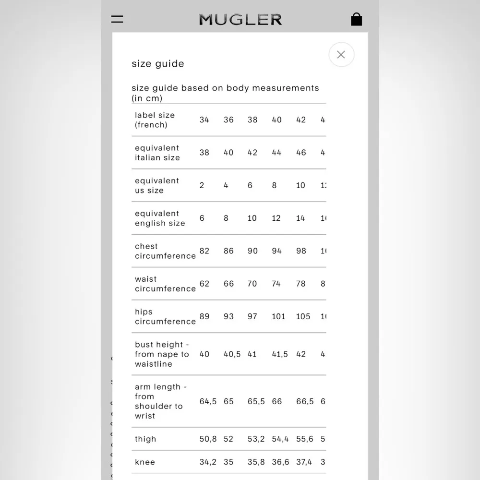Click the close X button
341,55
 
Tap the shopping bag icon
356,19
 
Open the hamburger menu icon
117,19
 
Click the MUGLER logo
240,19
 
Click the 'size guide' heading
158,64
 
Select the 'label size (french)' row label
155,120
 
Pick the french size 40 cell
277,120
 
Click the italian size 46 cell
301,153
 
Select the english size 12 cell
276,218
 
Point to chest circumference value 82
204,251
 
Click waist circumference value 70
252,284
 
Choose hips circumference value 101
278,316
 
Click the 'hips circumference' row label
165,316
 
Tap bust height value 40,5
232,354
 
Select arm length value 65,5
256,401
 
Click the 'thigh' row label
145,439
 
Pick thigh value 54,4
280,439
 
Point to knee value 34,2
208,462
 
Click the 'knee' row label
145,462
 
